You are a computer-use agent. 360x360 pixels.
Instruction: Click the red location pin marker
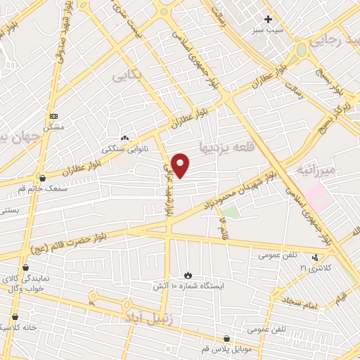point(181,165)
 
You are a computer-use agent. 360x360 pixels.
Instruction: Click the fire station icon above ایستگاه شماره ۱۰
point(188,274)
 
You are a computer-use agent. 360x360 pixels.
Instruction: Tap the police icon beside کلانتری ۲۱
point(316,257)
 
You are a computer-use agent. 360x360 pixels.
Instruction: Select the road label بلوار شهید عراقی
point(169,184)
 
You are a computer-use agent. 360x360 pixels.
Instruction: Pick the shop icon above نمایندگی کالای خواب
point(25,267)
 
